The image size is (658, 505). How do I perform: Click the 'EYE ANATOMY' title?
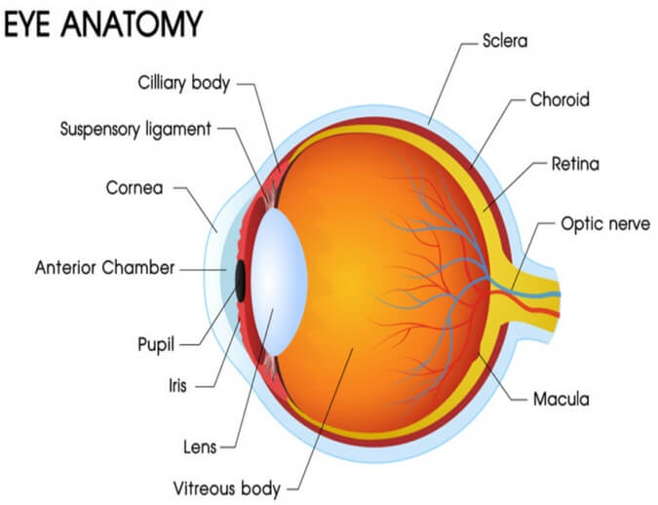click(103, 24)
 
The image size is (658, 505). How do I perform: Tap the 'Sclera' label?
click(505, 41)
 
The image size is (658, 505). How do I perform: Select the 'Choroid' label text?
click(560, 99)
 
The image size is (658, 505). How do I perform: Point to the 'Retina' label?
click(575, 164)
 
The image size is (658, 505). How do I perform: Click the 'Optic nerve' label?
click(605, 224)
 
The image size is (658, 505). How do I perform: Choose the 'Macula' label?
click(561, 399)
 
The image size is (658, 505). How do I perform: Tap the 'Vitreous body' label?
click(227, 489)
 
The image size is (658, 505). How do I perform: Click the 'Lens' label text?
click(200, 447)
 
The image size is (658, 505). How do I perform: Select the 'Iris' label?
click(177, 386)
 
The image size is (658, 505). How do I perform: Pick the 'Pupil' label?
click(156, 345)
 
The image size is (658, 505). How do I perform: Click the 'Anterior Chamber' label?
click(104, 268)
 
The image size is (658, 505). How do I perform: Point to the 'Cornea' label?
click(135, 188)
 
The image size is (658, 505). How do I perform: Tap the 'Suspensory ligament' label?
click(135, 130)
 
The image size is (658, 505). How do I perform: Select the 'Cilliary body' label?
click(184, 83)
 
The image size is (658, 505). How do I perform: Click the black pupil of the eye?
click(240, 281)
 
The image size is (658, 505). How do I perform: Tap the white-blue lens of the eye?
click(279, 282)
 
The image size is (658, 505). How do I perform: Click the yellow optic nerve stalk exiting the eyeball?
click(533, 296)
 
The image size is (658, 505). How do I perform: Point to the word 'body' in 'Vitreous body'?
click(260, 489)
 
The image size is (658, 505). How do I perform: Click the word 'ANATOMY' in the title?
click(132, 24)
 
